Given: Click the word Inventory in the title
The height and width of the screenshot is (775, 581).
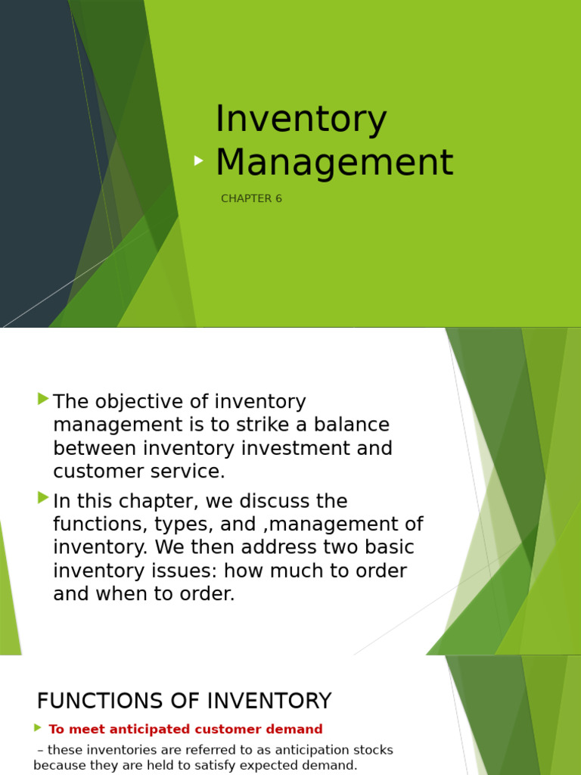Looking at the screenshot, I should click(x=300, y=120).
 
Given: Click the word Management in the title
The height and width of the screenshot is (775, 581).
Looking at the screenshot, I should click(x=334, y=162).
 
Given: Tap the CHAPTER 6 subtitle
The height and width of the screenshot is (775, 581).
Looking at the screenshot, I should click(x=251, y=199).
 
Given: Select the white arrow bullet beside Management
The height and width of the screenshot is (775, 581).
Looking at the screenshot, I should click(x=198, y=160).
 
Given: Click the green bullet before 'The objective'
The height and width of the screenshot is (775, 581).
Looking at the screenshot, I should click(x=43, y=398).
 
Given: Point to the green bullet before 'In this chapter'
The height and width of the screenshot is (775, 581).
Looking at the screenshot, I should click(x=43, y=497).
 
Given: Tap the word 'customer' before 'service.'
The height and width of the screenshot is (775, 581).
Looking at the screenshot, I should click(x=97, y=472).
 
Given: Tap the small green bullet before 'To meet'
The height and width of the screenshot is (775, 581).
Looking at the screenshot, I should click(x=38, y=728).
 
